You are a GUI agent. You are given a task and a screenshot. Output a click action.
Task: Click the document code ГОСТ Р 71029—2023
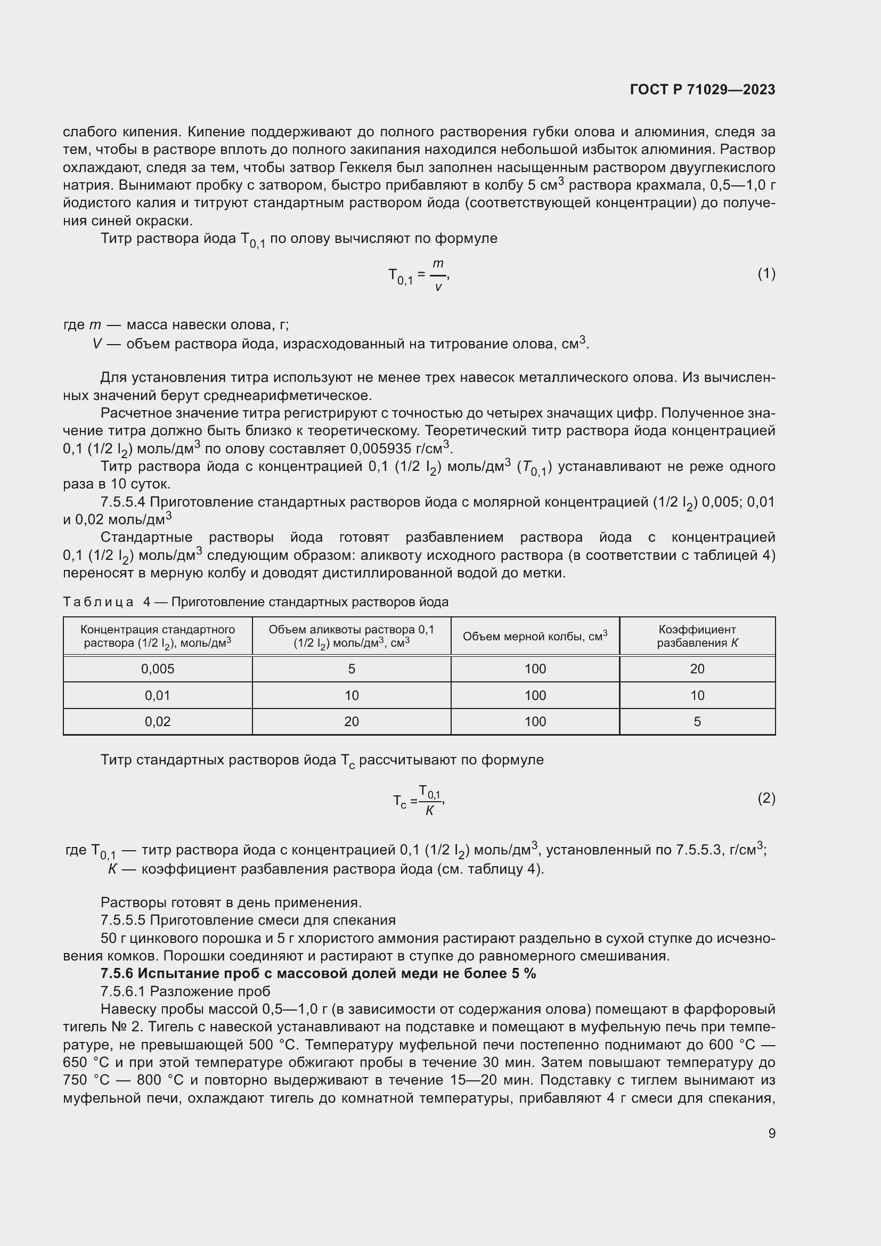point(703,89)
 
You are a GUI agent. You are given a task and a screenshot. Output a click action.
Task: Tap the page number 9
point(771,1133)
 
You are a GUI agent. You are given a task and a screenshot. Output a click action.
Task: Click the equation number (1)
point(766,273)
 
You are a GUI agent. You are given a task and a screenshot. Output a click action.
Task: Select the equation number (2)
point(766,798)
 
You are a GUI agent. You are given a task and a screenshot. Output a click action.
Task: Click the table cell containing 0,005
point(157,669)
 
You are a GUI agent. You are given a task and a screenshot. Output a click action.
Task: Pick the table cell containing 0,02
point(157,721)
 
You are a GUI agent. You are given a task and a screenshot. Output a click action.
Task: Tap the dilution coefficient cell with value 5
point(697,721)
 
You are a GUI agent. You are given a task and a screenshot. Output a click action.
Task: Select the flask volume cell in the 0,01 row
point(535,695)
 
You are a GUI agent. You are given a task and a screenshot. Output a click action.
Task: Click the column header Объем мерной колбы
point(535,636)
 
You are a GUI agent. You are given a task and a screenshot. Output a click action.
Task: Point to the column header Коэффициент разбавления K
point(697,636)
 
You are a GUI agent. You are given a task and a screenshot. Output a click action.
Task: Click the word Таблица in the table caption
point(98,602)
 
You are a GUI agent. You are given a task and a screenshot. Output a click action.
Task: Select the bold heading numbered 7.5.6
point(318,973)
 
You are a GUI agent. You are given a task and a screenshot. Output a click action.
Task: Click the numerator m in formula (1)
point(438,264)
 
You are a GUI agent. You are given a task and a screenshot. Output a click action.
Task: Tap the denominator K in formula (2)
point(429,811)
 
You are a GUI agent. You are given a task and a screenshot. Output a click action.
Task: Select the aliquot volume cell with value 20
point(352,721)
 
